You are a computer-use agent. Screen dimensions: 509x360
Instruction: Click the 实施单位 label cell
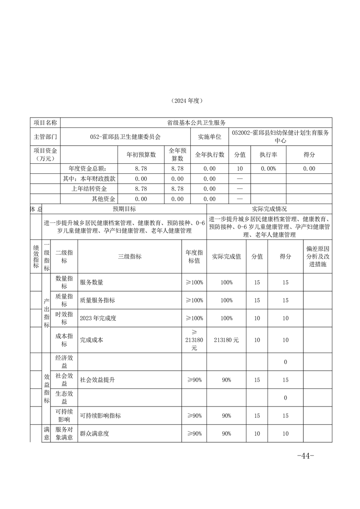209,136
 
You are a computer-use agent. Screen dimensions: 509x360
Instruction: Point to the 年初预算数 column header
141,155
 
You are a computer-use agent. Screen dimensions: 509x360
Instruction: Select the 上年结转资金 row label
94,189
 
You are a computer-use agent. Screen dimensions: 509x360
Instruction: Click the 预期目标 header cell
124,209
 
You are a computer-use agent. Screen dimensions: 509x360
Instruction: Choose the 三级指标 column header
129,256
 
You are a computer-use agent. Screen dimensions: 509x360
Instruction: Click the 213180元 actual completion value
226,339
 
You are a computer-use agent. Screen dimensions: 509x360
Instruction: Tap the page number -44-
305,456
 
